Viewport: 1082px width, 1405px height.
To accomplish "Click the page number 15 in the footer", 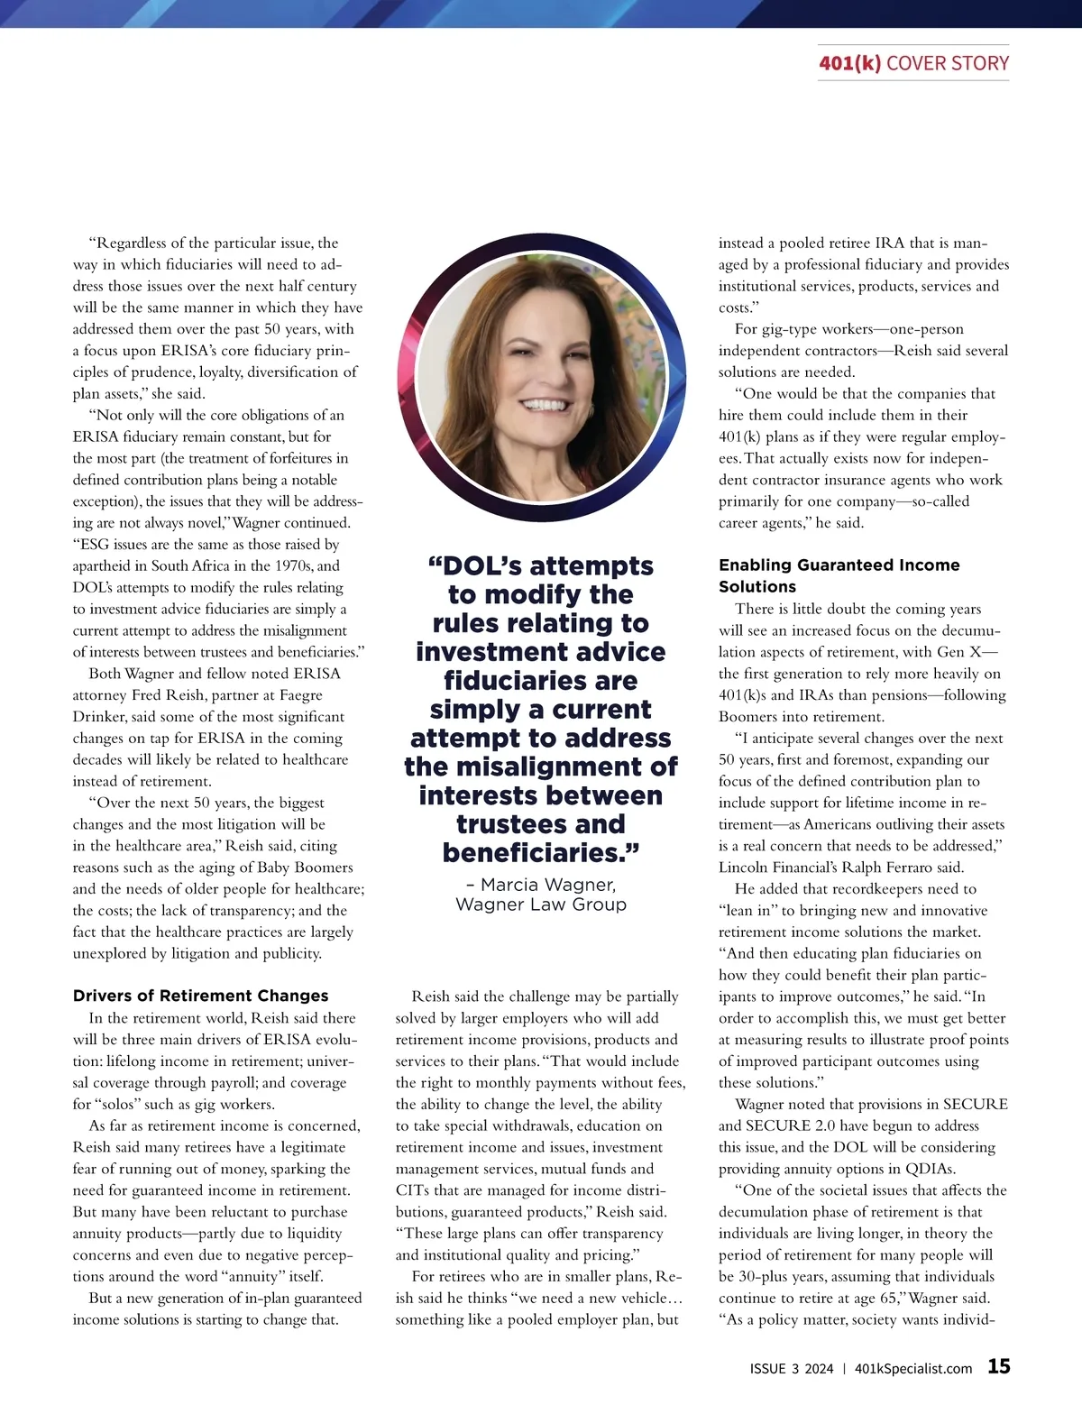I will [998, 1366].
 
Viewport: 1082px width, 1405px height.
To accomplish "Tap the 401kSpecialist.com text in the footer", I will [912, 1368].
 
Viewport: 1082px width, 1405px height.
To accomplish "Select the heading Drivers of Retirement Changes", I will [200, 996].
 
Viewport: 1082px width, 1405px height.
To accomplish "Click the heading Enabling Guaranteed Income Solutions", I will [839, 575].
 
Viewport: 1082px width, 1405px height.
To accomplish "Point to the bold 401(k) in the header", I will [849, 63].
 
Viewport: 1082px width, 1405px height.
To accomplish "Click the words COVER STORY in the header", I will [948, 63].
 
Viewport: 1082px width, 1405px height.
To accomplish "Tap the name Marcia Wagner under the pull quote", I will [548, 884].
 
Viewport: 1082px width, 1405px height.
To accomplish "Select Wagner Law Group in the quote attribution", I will [541, 905].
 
